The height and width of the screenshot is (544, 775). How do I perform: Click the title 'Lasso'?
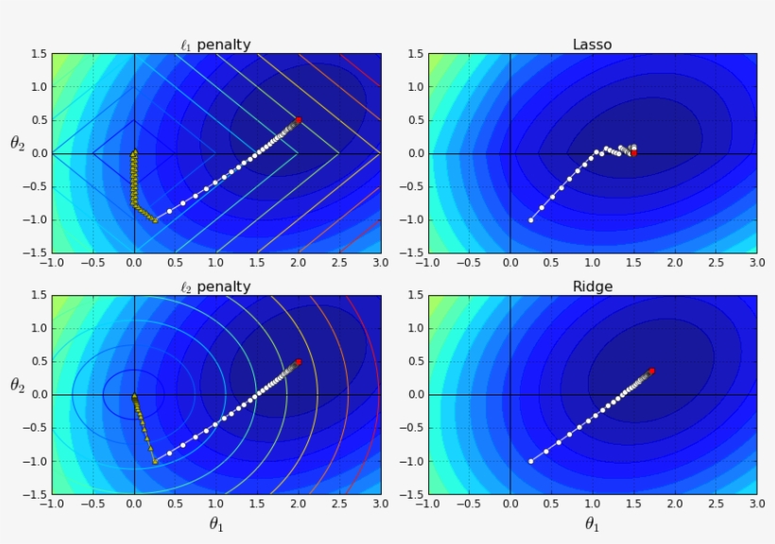592,44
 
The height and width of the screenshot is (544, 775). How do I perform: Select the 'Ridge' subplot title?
592,286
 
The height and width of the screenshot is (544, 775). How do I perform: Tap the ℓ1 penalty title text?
215,44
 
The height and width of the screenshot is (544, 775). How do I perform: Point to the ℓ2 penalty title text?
215,286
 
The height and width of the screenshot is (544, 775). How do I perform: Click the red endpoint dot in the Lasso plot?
633,152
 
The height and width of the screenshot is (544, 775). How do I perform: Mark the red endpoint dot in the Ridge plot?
651,371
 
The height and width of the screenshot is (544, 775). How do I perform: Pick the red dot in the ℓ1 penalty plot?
299,120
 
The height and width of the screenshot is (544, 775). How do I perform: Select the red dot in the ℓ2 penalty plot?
299,361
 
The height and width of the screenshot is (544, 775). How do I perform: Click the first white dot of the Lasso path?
531,219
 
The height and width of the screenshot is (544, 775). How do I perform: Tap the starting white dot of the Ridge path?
531,461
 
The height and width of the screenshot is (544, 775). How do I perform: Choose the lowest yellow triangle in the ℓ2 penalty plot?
155,461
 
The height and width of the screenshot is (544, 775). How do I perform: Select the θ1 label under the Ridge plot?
592,524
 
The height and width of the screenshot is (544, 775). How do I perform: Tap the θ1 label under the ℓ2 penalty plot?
215,524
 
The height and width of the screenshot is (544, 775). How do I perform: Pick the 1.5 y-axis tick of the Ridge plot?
411,295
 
